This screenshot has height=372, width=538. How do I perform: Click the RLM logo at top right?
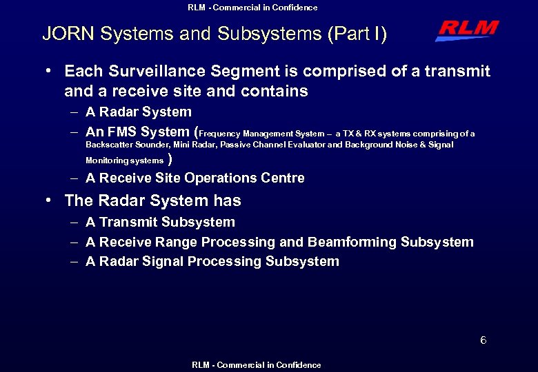(x=467, y=30)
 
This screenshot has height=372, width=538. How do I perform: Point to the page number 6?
(x=484, y=340)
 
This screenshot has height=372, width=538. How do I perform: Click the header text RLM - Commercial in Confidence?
(x=252, y=8)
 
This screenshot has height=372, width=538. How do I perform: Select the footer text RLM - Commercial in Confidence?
(x=257, y=365)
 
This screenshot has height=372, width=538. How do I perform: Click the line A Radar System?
(x=138, y=112)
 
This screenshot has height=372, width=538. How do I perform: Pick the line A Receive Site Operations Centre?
(x=195, y=178)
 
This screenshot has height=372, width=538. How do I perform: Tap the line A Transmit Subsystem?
(x=160, y=223)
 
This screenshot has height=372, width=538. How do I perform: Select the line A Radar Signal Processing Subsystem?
(x=212, y=262)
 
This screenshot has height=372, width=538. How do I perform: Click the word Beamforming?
(x=352, y=242)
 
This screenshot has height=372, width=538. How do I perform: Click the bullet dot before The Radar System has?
(x=50, y=200)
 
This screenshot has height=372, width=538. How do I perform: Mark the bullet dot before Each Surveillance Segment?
(x=50, y=71)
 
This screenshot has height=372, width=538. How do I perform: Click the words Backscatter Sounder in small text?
(x=128, y=145)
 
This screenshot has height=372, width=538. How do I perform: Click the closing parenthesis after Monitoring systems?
(x=170, y=160)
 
